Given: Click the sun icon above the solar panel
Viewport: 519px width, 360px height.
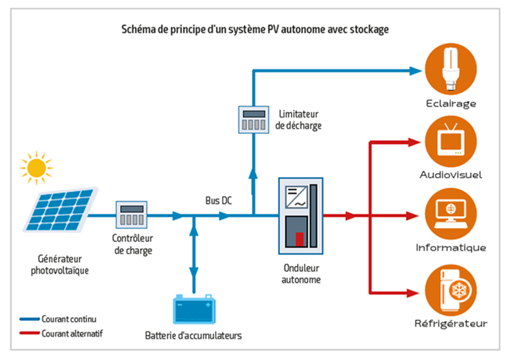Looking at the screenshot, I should pyautogui.click(x=36, y=166).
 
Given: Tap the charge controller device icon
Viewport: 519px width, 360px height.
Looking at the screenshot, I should pyautogui.click(x=131, y=215).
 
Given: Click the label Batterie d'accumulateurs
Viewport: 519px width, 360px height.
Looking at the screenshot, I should pyautogui.click(x=193, y=335).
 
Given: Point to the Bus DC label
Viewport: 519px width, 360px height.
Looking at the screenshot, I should pyautogui.click(x=219, y=201).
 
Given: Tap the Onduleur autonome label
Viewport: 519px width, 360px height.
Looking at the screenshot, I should pyautogui.click(x=300, y=274).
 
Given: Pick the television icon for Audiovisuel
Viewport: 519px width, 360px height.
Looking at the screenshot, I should pyautogui.click(x=450, y=139).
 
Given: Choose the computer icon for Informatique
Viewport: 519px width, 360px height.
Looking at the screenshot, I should pyautogui.click(x=450, y=211).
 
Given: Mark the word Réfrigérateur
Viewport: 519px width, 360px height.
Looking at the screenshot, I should pyautogui.click(x=451, y=323).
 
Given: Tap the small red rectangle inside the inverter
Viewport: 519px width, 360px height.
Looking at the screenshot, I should pyautogui.click(x=300, y=238).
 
